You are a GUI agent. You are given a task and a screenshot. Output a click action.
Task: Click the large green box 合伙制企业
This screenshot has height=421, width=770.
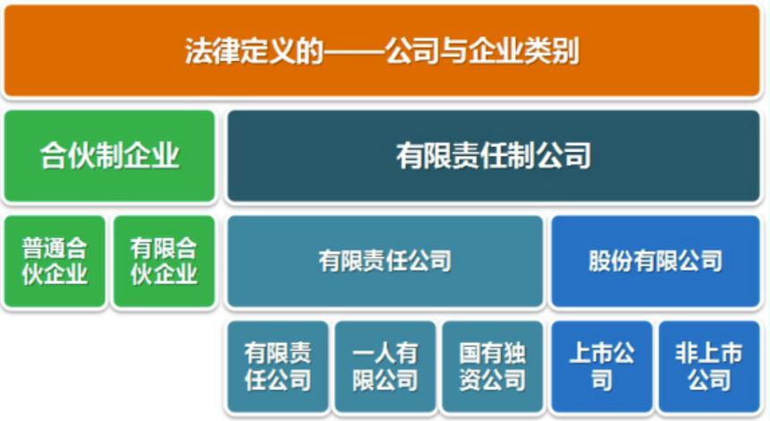pyautogui.click(x=109, y=156)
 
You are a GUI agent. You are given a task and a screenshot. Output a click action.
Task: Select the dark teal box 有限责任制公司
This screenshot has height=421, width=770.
pyautogui.click(x=494, y=156)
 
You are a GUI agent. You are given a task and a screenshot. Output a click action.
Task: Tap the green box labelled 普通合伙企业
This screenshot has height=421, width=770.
pyautogui.click(x=55, y=261)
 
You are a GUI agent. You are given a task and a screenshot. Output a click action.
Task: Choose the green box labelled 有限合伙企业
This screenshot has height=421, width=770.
pyautogui.click(x=163, y=261)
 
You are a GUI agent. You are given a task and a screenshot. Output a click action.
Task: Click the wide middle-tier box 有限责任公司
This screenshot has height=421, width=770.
pyautogui.click(x=385, y=261)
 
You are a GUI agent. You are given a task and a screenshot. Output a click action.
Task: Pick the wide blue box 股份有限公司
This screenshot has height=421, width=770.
pyautogui.click(x=656, y=261)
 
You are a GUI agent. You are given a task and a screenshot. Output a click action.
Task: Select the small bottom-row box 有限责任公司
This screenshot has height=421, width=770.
pyautogui.click(x=277, y=366)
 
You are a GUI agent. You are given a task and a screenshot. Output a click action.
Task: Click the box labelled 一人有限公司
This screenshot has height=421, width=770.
pyautogui.click(x=385, y=366)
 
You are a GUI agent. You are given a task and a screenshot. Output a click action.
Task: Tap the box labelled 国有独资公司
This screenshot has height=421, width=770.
pyautogui.click(x=492, y=366)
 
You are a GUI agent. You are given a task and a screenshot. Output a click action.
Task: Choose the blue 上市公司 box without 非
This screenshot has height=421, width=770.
pyautogui.click(x=602, y=366)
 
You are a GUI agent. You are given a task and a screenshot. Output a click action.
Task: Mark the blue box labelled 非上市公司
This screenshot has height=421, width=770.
pyautogui.click(x=709, y=366)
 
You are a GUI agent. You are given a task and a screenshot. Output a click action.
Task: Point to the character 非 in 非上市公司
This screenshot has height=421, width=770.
pyautogui.click(x=686, y=353)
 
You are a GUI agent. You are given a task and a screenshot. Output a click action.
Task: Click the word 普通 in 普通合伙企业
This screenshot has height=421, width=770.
pyautogui.click(x=43, y=248)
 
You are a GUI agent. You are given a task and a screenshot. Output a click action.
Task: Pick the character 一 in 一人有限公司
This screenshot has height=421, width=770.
pyautogui.click(x=364, y=353)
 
